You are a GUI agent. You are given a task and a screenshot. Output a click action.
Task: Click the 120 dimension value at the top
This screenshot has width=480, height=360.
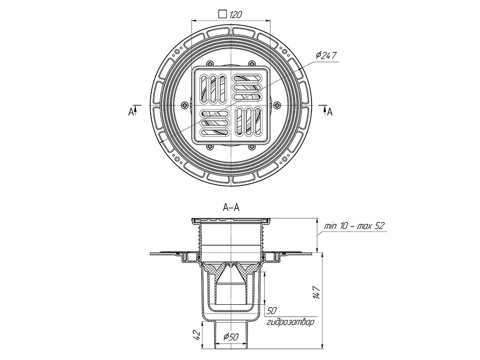point(235,14)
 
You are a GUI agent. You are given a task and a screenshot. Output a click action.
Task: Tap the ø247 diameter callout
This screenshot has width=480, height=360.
point(326,55)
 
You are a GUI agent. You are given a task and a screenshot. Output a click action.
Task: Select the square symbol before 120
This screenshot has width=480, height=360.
point(222,14)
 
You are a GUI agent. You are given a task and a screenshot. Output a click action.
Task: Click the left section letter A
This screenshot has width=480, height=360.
point(130,111)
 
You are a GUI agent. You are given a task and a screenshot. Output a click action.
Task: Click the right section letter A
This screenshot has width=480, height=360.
point(330,111)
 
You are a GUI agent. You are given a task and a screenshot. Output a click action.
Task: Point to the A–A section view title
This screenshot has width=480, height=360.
point(231,207)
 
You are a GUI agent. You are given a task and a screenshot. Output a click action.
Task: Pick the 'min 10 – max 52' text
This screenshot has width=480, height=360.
point(354,225)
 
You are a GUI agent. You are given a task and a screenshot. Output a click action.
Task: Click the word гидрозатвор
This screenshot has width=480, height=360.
point(291,322)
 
